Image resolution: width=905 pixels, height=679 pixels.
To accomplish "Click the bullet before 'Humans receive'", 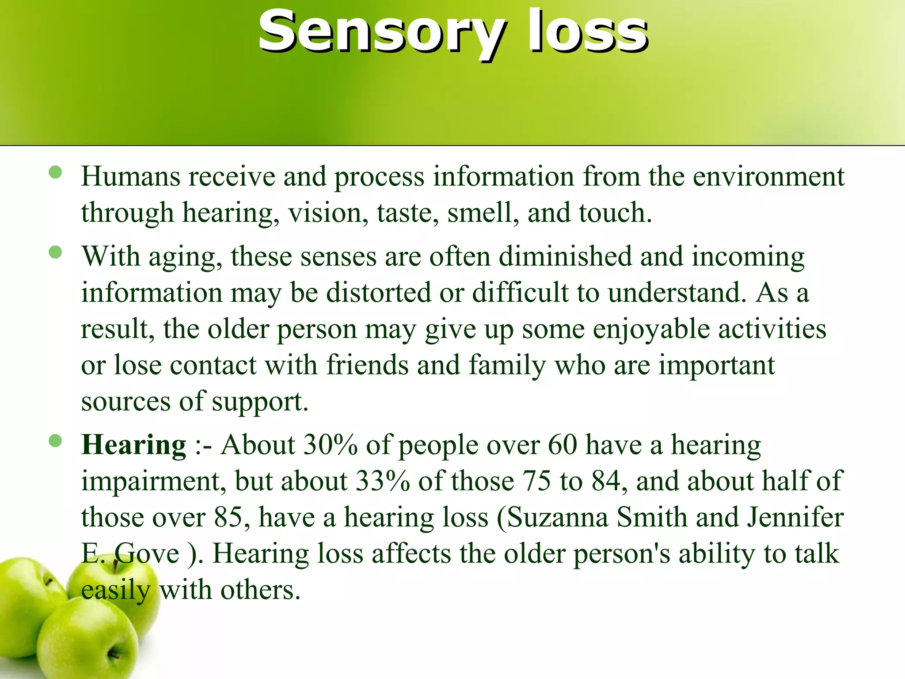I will (55, 172).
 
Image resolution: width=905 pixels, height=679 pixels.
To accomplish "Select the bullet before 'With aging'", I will (55, 252).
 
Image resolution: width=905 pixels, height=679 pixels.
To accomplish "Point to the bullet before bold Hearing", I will (55, 441).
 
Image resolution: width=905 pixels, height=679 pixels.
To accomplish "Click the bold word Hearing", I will (133, 445).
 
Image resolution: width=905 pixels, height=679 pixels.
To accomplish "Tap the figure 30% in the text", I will (330, 445).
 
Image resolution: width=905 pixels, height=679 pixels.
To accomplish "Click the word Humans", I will (130, 176).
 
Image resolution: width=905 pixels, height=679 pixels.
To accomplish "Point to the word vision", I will (328, 213).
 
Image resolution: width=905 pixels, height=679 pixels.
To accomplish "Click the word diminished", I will (565, 256).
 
